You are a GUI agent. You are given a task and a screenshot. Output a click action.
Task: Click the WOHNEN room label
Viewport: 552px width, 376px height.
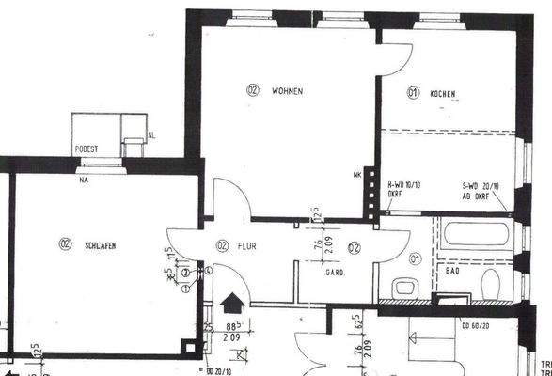click(x=287, y=91)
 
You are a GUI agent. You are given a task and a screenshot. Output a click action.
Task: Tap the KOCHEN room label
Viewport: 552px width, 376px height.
click(x=443, y=93)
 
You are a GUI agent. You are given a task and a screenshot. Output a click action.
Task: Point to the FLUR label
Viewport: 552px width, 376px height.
click(x=247, y=246)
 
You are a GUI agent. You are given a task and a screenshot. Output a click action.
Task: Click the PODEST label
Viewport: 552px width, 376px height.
click(x=87, y=149)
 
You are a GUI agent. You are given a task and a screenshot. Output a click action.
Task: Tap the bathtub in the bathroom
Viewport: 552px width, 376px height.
click(x=477, y=233)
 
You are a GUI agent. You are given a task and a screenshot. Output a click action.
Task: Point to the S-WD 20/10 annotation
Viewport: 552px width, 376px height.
click(x=479, y=186)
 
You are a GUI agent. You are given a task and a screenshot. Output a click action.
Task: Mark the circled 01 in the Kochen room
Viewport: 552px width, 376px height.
click(x=413, y=93)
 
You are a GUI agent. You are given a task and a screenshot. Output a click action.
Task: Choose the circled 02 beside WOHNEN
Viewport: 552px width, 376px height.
click(x=253, y=91)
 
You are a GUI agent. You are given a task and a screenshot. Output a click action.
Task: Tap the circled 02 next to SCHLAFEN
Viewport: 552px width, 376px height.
click(x=65, y=245)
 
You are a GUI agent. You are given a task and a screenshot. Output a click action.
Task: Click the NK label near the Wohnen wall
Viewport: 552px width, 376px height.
click(x=356, y=176)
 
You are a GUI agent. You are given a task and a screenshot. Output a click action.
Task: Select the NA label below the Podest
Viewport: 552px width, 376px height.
click(x=85, y=179)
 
